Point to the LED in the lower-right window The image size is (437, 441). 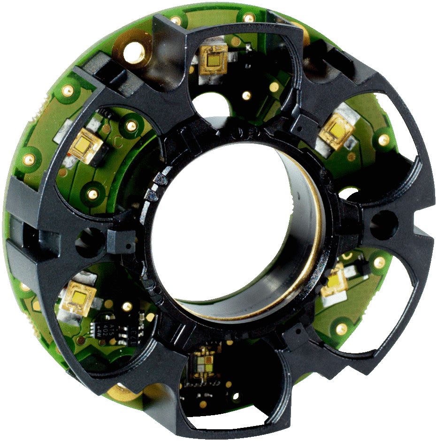tap(335, 282)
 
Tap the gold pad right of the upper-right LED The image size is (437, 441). tap(384, 140)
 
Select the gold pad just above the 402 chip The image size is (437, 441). tap(126, 307)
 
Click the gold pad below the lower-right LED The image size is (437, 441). tap(341, 329)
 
